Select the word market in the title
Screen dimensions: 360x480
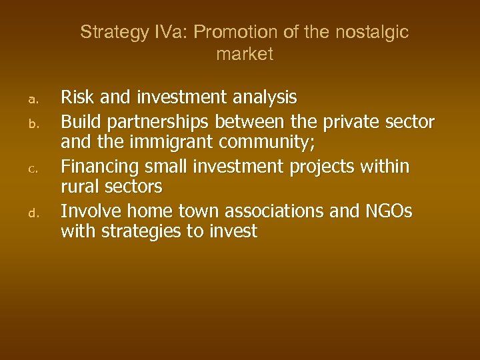click(x=245, y=55)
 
